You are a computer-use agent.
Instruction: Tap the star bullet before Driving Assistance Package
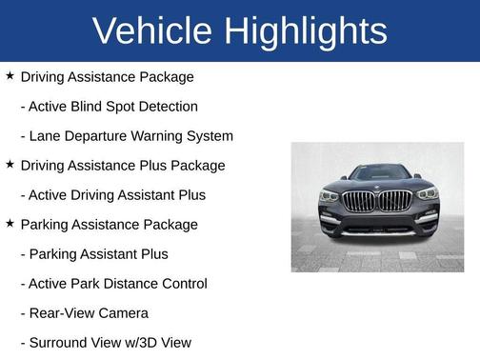coord(10,75)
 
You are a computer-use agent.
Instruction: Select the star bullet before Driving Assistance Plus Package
coord(10,164)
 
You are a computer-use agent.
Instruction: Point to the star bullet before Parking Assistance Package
coord(10,223)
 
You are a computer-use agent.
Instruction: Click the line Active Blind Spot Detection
coord(109,106)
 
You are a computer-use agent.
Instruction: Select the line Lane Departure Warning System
coord(127,135)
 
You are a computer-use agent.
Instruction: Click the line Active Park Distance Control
coord(113,283)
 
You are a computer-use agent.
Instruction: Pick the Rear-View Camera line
coord(84,312)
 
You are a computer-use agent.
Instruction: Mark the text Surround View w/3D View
coord(106,342)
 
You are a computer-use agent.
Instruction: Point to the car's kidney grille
coord(378,202)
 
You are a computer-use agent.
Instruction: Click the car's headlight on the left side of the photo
coord(330,195)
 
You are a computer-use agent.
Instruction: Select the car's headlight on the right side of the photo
coord(427,194)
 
